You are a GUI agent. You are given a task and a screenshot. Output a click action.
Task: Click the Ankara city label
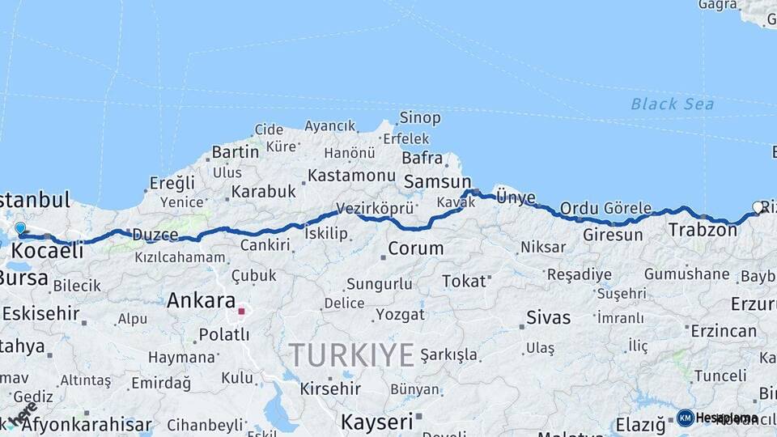201,301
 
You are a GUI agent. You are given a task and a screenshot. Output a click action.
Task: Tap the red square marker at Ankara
241,311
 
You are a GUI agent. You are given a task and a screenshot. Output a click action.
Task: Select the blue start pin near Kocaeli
20,229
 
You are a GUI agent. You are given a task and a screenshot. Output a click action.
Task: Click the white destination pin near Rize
758,208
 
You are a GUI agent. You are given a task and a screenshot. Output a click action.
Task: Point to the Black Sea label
673,104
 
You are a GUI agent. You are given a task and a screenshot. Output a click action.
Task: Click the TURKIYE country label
352,354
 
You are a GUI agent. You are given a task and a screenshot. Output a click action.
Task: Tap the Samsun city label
437,182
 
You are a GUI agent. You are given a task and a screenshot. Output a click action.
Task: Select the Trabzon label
703,230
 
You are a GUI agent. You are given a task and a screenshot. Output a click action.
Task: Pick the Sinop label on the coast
421,118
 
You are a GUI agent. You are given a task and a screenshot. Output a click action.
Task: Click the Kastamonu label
351,175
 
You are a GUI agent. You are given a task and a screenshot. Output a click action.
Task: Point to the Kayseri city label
376,422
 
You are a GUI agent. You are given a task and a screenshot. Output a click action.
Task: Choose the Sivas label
548,316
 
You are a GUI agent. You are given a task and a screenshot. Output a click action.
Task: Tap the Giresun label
613,235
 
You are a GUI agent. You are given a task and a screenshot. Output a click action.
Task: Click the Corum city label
415,248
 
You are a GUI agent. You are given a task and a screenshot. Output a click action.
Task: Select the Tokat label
464,281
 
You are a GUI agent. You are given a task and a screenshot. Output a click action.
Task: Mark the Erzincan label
724,331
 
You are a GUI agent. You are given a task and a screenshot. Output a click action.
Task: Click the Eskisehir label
40,312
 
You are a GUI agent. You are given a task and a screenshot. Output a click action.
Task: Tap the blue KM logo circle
685,418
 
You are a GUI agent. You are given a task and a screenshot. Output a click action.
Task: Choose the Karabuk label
263,192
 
